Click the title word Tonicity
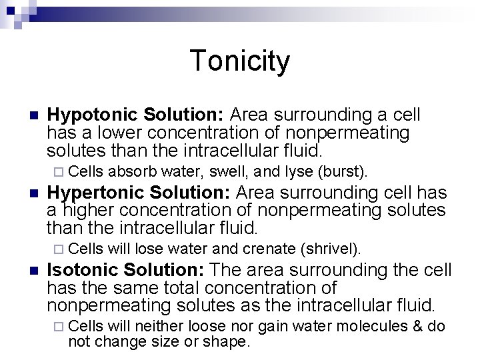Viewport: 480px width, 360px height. (x=240, y=61)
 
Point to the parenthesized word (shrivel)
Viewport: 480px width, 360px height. (x=331, y=249)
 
